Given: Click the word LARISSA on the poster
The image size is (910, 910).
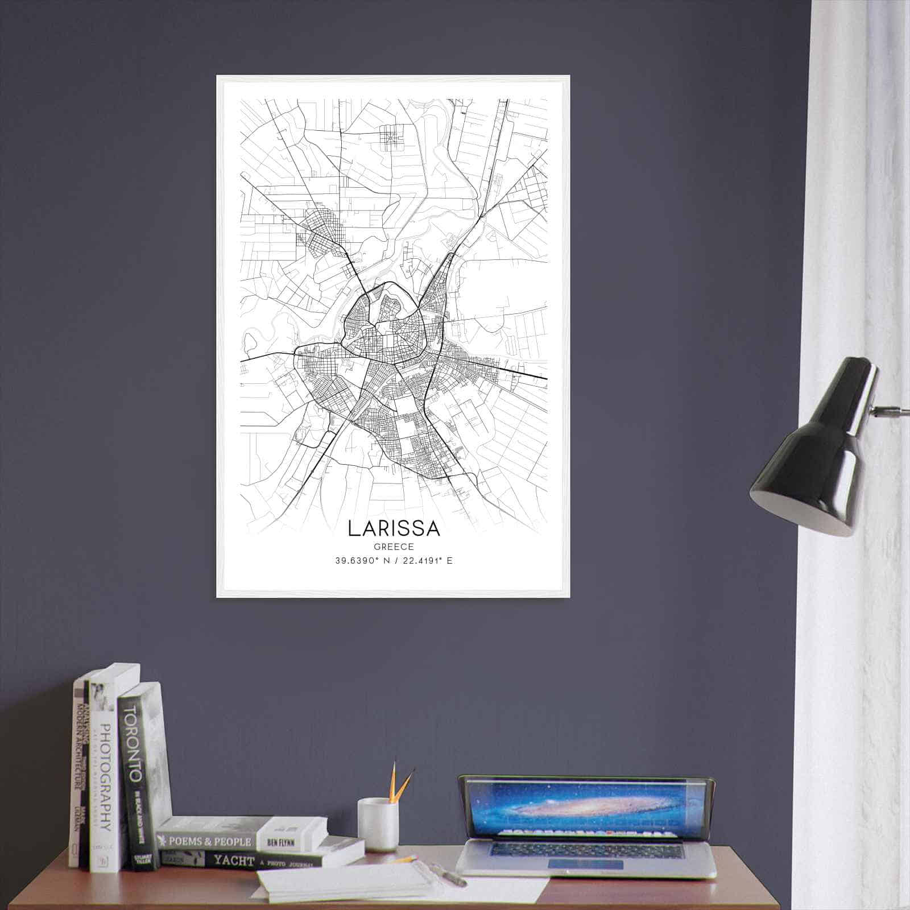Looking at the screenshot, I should tap(394, 528).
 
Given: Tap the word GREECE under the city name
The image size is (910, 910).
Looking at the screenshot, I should tap(394, 547).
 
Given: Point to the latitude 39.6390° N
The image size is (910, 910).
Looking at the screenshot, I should tap(359, 560).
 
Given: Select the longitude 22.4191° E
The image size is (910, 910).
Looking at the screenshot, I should tap(427, 560).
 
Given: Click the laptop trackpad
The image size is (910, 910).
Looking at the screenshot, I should tap(585, 864).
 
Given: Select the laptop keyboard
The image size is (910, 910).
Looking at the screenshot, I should tap(586, 850).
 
